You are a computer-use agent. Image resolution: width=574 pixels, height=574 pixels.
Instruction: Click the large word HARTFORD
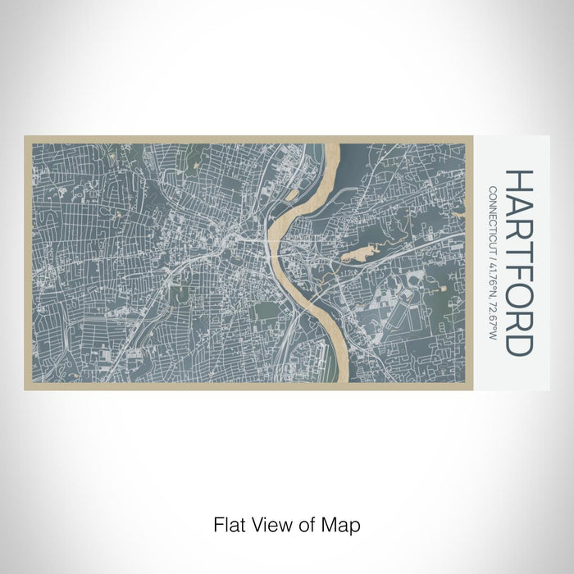[521, 262]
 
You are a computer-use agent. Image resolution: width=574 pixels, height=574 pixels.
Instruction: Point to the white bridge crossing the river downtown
[273, 243]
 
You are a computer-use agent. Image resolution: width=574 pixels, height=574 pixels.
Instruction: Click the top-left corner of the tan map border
[25, 138]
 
